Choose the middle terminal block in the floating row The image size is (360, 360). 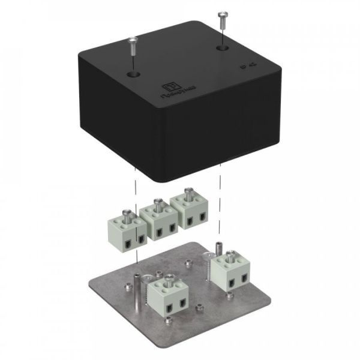pyautogui.click(x=158, y=222)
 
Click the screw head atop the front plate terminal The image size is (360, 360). pyautogui.click(x=169, y=277)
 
